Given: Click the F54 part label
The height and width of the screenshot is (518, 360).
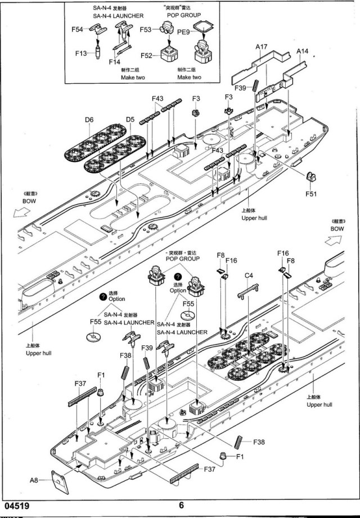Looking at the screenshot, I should pyautogui.click(x=78, y=29).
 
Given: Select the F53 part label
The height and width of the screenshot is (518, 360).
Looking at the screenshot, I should pyautogui.click(x=148, y=29).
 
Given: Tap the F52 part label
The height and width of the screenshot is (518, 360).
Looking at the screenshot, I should pyautogui.click(x=147, y=56).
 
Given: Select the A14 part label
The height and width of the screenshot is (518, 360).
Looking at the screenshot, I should pyautogui.click(x=303, y=51).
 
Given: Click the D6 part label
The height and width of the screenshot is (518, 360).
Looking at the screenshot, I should pyautogui.click(x=89, y=119).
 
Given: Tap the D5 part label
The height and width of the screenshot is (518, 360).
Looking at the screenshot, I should pyautogui.click(x=130, y=119).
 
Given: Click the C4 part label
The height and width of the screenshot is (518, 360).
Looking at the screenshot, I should pyautogui.click(x=249, y=275).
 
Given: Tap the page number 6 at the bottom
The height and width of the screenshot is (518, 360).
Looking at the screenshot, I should pyautogui.click(x=181, y=505).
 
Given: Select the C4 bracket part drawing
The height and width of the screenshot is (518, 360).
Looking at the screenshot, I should pyautogui.click(x=249, y=289).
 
